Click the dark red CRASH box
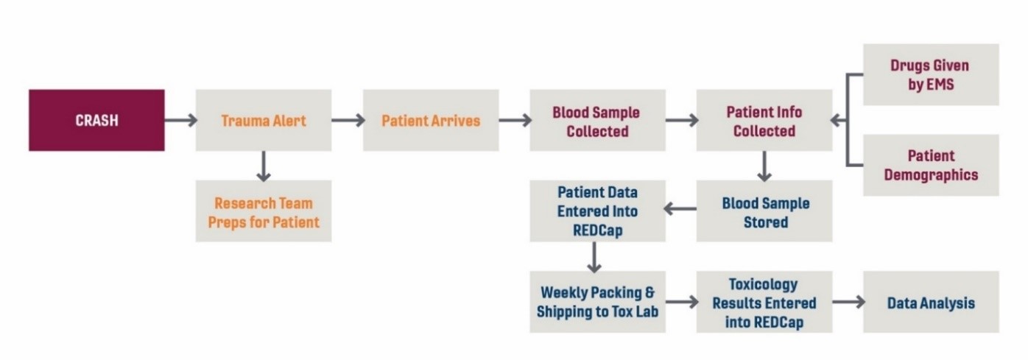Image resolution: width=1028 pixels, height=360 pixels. click(96, 120)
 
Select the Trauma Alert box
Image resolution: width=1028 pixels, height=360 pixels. click(264, 120)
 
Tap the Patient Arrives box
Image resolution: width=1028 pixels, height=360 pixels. click(431, 120)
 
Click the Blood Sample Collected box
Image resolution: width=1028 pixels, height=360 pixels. click(597, 120)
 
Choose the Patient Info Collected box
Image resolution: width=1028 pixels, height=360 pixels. click(764, 120)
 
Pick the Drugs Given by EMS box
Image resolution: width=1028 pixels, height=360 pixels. click(931, 75)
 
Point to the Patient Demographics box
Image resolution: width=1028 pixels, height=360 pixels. click(931, 165)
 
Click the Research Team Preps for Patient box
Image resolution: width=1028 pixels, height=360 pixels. click(264, 211)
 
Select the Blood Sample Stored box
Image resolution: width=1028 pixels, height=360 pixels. click(764, 211)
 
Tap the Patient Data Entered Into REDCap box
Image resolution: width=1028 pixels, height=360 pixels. click(597, 211)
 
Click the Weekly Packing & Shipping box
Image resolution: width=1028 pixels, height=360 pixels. click(597, 302)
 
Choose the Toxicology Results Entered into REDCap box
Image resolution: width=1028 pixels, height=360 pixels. click(764, 302)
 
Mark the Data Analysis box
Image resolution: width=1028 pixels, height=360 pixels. click(931, 302)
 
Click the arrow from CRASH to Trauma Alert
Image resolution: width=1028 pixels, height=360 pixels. click(181, 120)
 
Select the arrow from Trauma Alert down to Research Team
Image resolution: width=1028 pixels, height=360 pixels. click(264, 166)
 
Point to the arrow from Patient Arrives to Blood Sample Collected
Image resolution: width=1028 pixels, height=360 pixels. click(515, 120)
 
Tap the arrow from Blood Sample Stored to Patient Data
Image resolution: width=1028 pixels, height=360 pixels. click(680, 209)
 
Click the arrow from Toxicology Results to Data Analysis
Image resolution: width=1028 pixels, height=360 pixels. click(848, 302)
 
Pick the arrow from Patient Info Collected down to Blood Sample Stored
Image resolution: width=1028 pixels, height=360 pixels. click(764, 166)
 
